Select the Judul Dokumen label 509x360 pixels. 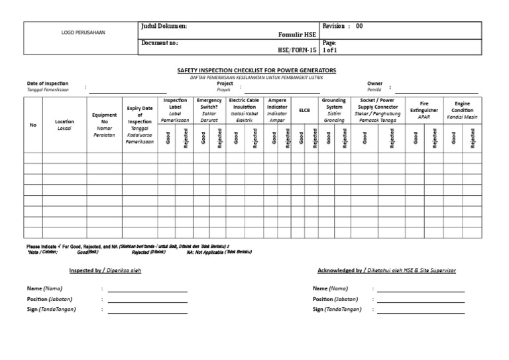164,26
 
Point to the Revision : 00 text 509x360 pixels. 343,26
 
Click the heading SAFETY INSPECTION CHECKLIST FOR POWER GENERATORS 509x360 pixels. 256,70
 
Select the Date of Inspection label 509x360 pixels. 48,84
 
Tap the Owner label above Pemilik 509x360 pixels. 375,84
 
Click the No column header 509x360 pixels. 33,125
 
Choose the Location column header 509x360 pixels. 65,122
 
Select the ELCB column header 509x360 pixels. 305,110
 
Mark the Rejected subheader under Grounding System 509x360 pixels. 345,138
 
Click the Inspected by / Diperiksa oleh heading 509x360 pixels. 105,270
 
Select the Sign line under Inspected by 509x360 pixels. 147,310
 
